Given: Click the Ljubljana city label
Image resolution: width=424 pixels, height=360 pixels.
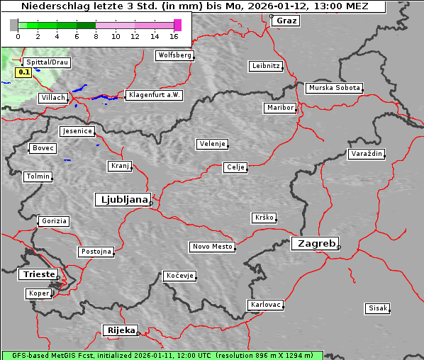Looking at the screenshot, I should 121,199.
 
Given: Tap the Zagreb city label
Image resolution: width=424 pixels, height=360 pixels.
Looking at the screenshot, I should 314,243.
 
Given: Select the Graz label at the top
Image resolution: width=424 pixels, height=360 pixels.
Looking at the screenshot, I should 286,21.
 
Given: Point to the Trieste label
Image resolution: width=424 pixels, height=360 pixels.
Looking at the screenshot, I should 36,274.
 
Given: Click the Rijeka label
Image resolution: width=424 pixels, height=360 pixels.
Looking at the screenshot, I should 120,330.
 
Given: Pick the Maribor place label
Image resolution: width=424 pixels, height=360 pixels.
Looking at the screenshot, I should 279,108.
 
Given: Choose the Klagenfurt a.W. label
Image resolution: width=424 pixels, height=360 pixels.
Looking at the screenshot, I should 154,95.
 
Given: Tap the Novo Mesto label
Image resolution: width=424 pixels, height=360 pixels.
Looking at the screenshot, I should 211,247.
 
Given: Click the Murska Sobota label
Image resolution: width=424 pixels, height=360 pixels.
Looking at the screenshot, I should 334,89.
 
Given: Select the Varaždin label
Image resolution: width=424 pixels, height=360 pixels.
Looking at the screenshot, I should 367,154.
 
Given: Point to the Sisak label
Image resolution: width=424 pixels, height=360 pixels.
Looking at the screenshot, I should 377,308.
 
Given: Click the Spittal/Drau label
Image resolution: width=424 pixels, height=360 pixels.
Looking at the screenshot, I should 46,62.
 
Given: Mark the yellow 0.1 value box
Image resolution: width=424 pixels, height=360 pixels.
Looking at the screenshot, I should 23,72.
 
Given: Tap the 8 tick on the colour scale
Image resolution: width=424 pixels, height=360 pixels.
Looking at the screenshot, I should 96,35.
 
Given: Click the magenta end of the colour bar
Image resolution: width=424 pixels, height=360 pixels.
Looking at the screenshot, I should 177,25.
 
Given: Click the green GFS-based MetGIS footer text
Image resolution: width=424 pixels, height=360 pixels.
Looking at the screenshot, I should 162,355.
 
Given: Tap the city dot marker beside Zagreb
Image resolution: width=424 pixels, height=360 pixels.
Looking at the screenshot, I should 339,247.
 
